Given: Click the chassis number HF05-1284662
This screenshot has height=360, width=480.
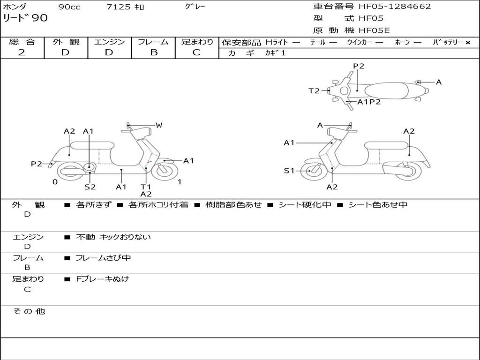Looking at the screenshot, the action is point(395,7).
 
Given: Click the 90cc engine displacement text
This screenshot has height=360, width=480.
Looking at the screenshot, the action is point(68,7).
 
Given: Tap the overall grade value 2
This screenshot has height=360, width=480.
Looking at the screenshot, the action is point(22,52).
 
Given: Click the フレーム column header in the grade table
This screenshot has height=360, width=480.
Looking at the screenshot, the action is point(153,42).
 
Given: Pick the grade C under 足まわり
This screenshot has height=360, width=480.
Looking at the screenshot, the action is point(196,52).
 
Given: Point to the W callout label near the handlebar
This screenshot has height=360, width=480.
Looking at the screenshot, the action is point(159,125).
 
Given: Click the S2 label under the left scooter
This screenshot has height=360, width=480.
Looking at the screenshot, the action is point(90,187).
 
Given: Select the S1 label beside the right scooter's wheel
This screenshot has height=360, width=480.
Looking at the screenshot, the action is point(289,171).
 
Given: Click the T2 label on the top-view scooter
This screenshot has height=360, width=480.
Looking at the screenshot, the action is point(314,91).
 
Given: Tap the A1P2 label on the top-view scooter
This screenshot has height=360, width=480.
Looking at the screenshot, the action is point(369,102).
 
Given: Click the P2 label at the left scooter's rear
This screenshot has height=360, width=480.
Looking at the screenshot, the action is point(37,164).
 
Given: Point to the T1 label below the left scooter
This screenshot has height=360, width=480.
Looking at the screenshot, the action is point(146,187).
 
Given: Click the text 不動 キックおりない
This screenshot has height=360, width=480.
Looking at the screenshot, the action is point(113,237).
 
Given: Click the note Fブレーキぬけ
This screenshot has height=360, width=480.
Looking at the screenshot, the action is point(102,279).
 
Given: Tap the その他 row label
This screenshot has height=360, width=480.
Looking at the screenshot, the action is point(29,311).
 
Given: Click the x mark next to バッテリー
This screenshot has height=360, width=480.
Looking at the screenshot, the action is point(468,43).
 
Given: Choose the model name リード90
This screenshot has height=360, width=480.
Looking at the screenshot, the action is point(25,19).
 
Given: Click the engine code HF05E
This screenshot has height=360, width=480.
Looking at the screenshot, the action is point(374,31).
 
